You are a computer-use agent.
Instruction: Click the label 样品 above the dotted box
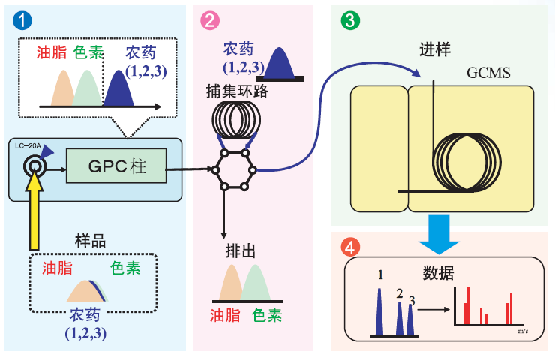click(90, 241)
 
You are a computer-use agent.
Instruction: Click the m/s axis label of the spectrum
click(523, 331)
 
